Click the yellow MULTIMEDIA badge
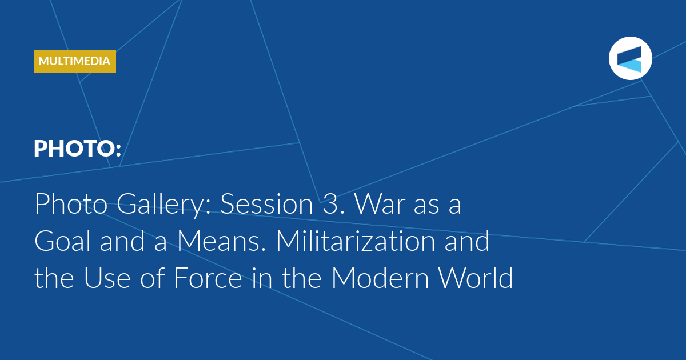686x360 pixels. [x=75, y=61]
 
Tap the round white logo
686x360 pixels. [x=630, y=58]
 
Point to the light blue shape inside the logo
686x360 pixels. [x=632, y=66]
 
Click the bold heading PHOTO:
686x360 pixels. [x=78, y=149]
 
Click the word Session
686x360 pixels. [x=266, y=204]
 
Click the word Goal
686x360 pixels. [x=63, y=241]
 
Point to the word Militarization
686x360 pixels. [x=356, y=241]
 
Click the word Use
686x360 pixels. [x=107, y=278]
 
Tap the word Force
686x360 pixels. [x=208, y=278]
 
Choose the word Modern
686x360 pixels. [x=380, y=278]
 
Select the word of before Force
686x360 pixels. [x=153, y=278]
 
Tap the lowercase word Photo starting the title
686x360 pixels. [x=71, y=204]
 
